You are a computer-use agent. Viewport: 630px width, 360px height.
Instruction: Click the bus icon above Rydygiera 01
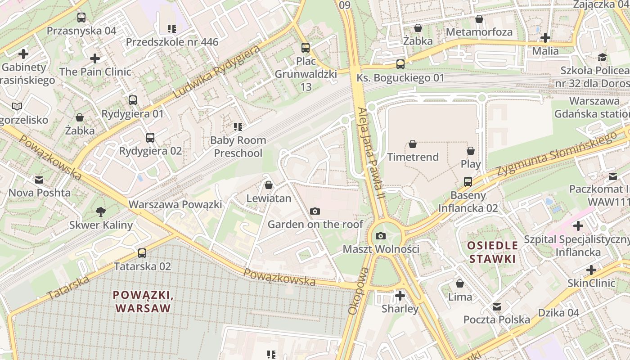point(132,100)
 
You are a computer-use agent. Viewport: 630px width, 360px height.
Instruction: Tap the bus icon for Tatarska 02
point(142,253)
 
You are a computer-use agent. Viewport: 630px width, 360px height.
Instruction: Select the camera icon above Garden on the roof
point(315,211)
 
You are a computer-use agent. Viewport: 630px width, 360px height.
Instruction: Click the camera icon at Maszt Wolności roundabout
point(381,236)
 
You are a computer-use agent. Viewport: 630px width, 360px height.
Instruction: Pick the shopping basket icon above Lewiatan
point(269,185)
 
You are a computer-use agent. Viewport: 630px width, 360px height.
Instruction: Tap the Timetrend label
point(413,157)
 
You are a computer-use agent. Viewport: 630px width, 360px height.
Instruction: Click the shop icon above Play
point(471,151)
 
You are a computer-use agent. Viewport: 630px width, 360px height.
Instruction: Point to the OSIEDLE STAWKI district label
point(492,252)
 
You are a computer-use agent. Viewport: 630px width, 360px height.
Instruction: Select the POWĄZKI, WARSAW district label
point(143,301)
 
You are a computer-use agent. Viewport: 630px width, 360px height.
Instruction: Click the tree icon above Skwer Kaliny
point(101,211)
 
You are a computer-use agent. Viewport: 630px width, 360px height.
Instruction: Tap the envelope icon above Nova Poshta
point(40,180)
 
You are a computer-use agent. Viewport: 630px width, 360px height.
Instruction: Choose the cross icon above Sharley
point(400,296)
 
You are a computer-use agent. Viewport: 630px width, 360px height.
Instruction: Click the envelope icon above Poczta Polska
point(497,306)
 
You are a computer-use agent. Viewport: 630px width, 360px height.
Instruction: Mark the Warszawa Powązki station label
point(175,204)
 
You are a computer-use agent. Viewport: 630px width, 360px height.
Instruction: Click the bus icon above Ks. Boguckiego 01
point(400,64)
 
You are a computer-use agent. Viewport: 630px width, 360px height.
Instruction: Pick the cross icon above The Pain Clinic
point(95,58)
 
